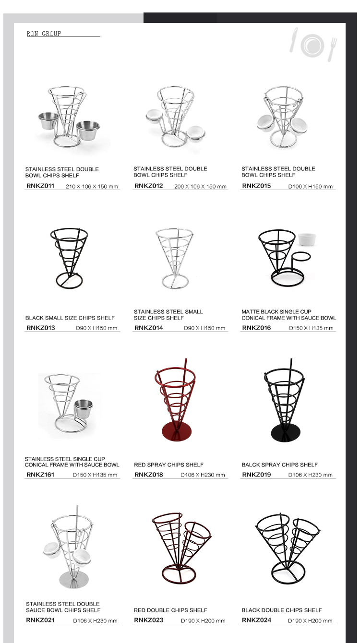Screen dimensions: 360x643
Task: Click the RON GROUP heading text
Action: tap(44, 34)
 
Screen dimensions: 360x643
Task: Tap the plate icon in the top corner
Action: tap(312, 45)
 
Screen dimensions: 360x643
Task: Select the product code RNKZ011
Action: tap(40, 186)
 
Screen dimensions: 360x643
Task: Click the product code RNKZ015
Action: tap(256, 186)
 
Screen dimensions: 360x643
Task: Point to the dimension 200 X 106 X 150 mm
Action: tap(200, 187)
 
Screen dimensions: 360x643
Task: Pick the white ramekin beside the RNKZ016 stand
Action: tap(307, 239)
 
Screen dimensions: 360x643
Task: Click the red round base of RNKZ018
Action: tap(177, 431)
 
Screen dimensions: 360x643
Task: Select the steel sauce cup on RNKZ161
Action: tap(84, 409)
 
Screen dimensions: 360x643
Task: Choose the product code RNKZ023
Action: tap(149, 620)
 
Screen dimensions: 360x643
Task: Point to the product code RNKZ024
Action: tap(257, 620)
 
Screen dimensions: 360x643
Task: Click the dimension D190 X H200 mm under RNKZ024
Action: tap(310, 620)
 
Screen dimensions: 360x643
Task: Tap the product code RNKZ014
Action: tap(149, 328)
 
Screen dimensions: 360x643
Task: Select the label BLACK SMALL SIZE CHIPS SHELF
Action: tap(70, 318)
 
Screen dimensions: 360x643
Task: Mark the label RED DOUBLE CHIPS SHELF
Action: tap(170, 610)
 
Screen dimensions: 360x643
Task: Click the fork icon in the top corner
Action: tap(333, 49)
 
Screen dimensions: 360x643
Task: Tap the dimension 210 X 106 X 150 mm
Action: tap(92, 187)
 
